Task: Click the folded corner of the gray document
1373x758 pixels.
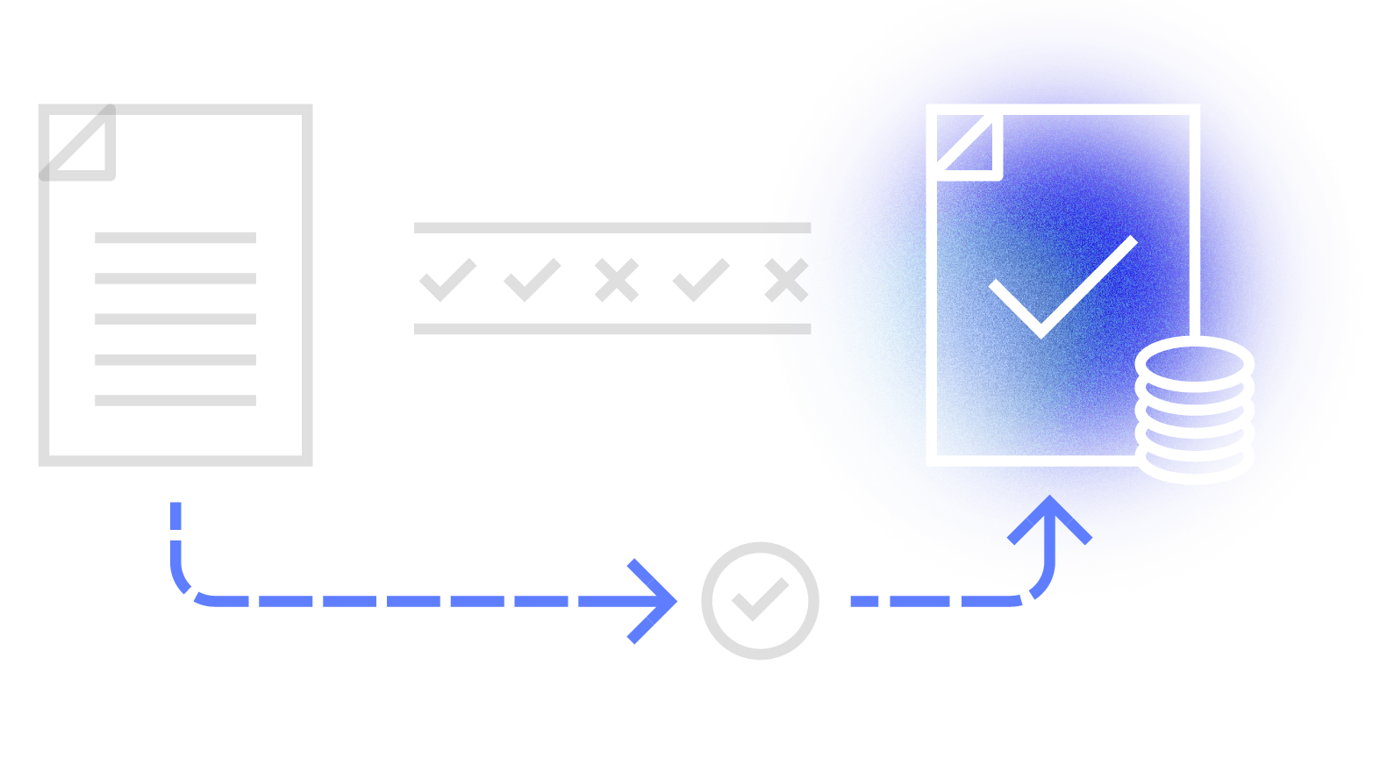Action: tap(80, 143)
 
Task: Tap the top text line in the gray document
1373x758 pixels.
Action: tap(175, 238)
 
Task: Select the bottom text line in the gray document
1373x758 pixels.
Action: tap(175, 400)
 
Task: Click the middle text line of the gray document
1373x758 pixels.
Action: tap(175, 319)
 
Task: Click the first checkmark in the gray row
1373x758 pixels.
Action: tap(447, 281)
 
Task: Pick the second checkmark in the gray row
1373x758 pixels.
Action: tap(532, 281)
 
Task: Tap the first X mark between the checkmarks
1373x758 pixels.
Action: tap(616, 281)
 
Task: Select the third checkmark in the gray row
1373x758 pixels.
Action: tap(700, 281)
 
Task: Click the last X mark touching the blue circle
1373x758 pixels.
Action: tap(786, 281)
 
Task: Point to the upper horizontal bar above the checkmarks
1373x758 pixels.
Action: tap(612, 228)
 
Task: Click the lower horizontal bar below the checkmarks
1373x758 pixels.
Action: tap(612, 329)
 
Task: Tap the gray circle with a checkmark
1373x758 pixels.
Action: tap(760, 601)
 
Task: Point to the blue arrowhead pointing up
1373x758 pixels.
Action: tap(1049, 518)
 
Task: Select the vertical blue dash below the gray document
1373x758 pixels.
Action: tap(176, 516)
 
